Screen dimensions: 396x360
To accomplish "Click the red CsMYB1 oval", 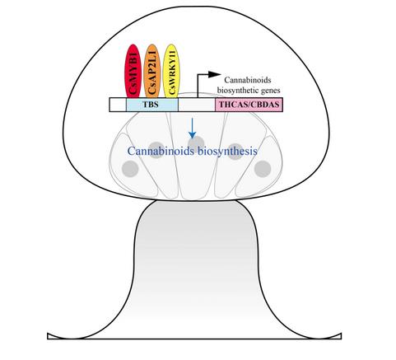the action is [133, 71].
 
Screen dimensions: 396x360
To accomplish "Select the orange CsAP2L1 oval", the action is [151, 71].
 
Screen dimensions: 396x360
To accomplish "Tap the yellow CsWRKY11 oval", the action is [171, 71].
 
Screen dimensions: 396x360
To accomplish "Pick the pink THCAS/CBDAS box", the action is [249, 105].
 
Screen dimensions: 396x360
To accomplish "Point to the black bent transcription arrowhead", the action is [214, 74].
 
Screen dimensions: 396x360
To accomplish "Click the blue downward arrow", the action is [193, 129].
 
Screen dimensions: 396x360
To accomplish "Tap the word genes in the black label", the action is [270, 91].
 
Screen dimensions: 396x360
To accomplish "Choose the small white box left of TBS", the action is [118, 105].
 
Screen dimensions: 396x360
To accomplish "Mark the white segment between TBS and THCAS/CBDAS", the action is [197, 105].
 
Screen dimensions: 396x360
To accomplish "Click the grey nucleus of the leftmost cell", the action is [130, 169].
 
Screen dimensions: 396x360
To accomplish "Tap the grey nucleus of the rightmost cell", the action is [263, 169].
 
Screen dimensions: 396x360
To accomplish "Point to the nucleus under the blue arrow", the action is [197, 143].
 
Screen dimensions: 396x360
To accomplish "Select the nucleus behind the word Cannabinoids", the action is [156, 150].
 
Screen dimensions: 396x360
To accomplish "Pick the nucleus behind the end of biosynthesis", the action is [235, 152].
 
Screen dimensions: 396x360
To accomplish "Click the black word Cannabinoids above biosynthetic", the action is [248, 80].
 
